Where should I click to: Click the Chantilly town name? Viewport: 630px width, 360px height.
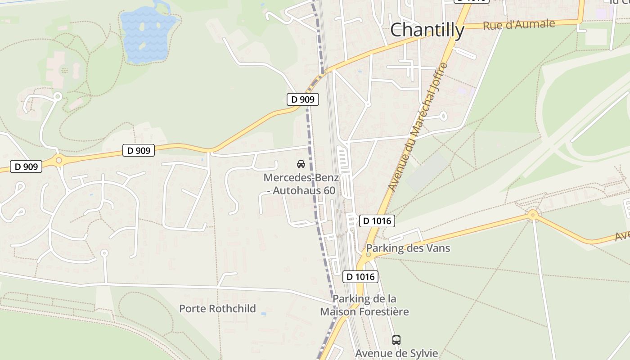(x=427, y=30)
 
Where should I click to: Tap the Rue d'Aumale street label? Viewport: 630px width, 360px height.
(x=518, y=25)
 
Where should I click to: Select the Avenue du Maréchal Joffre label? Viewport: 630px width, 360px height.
(x=418, y=127)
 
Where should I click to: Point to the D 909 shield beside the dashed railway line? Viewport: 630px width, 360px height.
(x=303, y=99)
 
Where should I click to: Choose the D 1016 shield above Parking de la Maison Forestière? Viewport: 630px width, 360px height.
(x=360, y=277)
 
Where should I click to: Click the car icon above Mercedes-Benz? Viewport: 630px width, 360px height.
(x=301, y=164)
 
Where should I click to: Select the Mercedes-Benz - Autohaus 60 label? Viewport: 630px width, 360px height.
(x=301, y=184)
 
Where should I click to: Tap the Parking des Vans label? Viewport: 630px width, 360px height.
(x=408, y=248)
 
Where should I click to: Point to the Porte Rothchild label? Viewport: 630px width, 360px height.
(x=217, y=308)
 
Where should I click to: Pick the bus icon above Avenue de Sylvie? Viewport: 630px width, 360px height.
(x=396, y=340)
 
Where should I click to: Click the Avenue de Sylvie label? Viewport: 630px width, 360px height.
(x=396, y=353)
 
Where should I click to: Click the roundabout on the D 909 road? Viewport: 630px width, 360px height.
(x=59, y=160)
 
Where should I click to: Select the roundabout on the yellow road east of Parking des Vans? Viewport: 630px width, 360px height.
(x=533, y=215)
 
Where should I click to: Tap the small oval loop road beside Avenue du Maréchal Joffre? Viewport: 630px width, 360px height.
(x=443, y=117)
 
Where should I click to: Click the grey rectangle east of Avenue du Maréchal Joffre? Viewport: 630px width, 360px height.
(x=427, y=173)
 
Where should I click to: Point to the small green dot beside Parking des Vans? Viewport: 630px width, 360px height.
(x=369, y=255)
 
